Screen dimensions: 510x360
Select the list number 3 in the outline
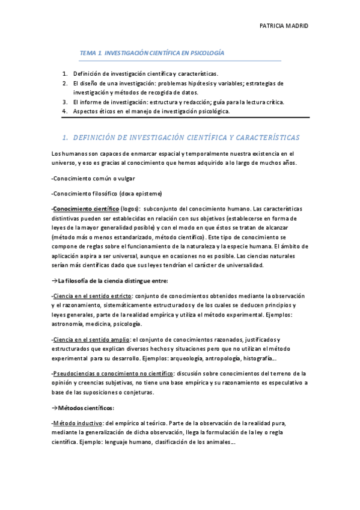point(65,102)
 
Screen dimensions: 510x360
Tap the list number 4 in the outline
point(65,111)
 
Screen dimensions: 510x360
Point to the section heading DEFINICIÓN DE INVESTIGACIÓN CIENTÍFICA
point(180,138)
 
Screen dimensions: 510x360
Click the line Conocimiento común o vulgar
point(94,179)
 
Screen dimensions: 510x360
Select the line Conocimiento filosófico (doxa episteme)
point(107,193)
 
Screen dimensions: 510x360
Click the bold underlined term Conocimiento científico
point(85,208)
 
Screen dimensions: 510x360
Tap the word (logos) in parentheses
point(130,208)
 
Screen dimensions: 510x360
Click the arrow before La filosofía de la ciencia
point(55,280)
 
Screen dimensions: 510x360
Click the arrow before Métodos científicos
point(55,407)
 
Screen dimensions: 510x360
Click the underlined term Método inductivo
point(78,422)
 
